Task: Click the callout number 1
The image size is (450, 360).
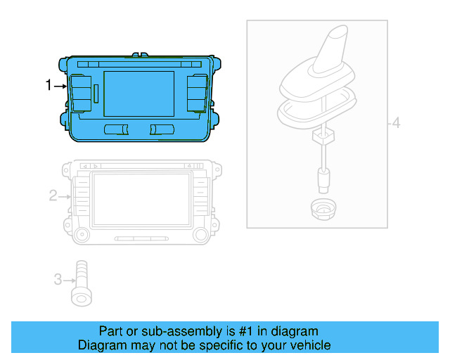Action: click(x=49, y=86)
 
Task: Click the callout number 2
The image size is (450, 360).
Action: click(x=53, y=195)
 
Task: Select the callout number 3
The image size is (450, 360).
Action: click(x=58, y=279)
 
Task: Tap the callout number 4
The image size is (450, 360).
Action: click(x=396, y=124)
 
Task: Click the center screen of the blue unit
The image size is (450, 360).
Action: click(x=139, y=94)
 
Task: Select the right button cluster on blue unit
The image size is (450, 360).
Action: click(x=196, y=92)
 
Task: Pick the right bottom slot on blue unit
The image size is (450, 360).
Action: click(x=162, y=129)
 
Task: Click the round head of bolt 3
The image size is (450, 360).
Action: click(x=82, y=298)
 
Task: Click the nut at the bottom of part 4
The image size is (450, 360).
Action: click(x=323, y=208)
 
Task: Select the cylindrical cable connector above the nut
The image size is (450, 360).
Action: click(x=323, y=181)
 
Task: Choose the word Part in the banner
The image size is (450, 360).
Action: click(x=111, y=331)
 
